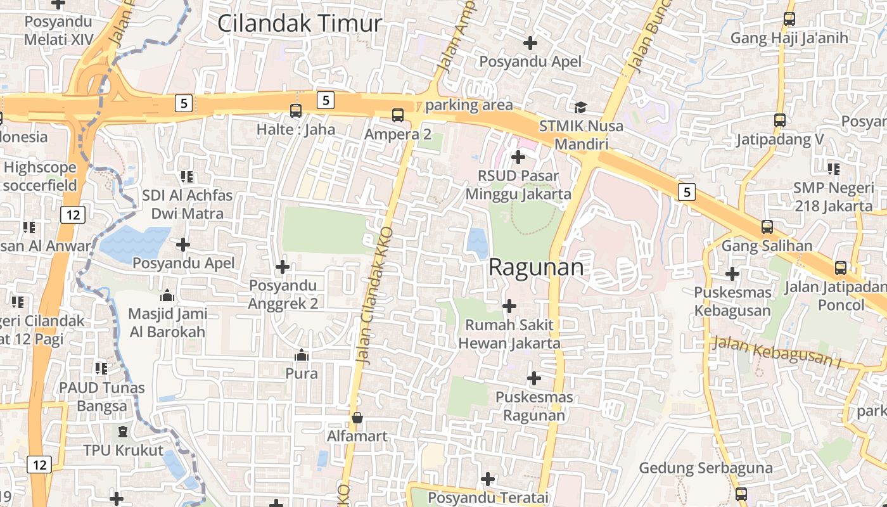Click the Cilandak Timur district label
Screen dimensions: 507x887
coord(300,23)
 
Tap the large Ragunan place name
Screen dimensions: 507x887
coord(536,267)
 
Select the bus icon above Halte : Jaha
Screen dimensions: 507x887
coord(296,111)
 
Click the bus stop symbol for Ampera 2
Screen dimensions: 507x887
coord(398,115)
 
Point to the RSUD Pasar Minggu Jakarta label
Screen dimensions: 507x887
coord(518,185)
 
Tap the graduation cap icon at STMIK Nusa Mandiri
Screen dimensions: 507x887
coord(580,107)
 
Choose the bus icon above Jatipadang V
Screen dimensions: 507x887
coord(780,120)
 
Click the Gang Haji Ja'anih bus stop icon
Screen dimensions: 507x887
coord(789,19)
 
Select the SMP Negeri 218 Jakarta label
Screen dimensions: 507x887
coord(833,196)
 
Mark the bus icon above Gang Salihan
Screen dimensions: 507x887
coord(767,226)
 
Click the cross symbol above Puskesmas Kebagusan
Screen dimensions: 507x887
coord(732,274)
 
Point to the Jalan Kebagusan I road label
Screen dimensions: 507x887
coord(775,352)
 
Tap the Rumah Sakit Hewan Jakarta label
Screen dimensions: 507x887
coord(509,334)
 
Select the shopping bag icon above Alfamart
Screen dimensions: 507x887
coord(357,418)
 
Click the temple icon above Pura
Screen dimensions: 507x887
coord(302,355)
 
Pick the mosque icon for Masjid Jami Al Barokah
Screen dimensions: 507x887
coord(167,295)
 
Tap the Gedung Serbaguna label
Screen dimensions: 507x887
coord(706,468)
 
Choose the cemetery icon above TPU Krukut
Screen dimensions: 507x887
coord(123,432)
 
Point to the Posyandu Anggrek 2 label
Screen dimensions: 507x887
coord(283,294)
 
